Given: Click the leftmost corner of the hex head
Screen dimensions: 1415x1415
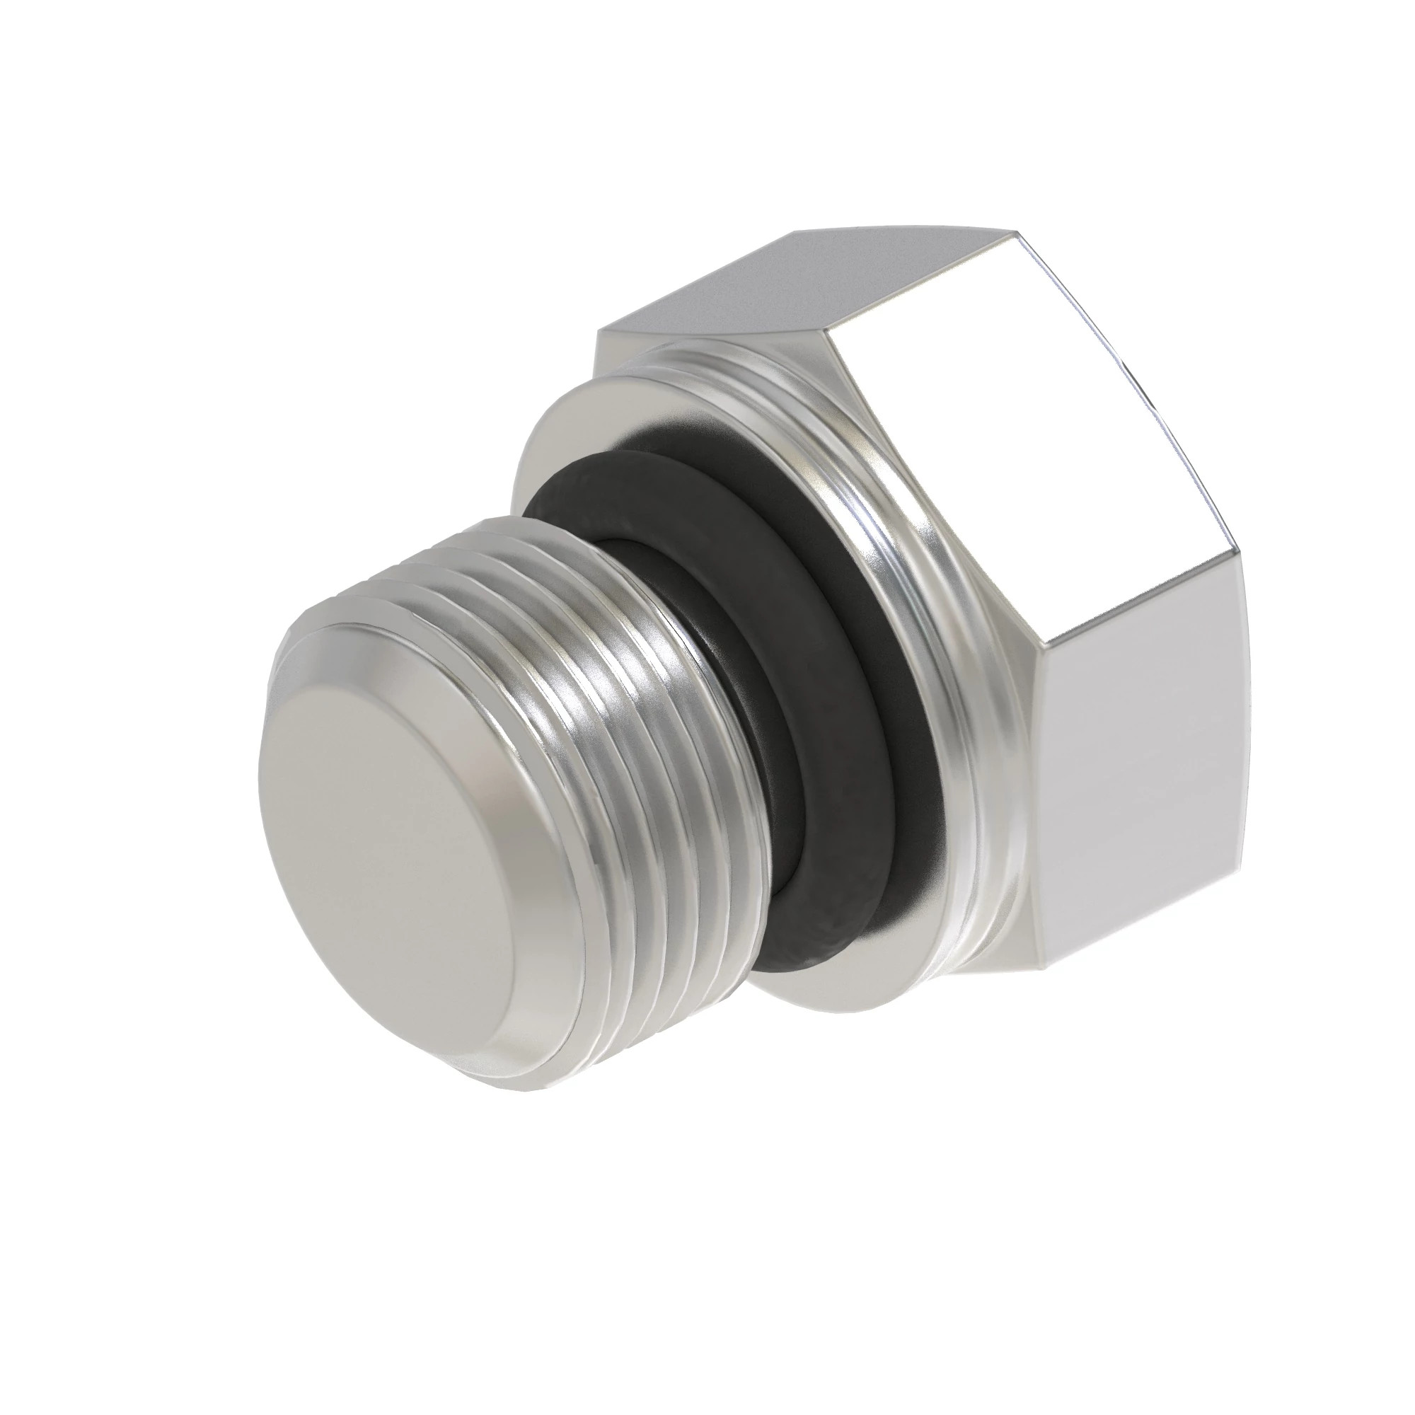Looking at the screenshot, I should (599, 333).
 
